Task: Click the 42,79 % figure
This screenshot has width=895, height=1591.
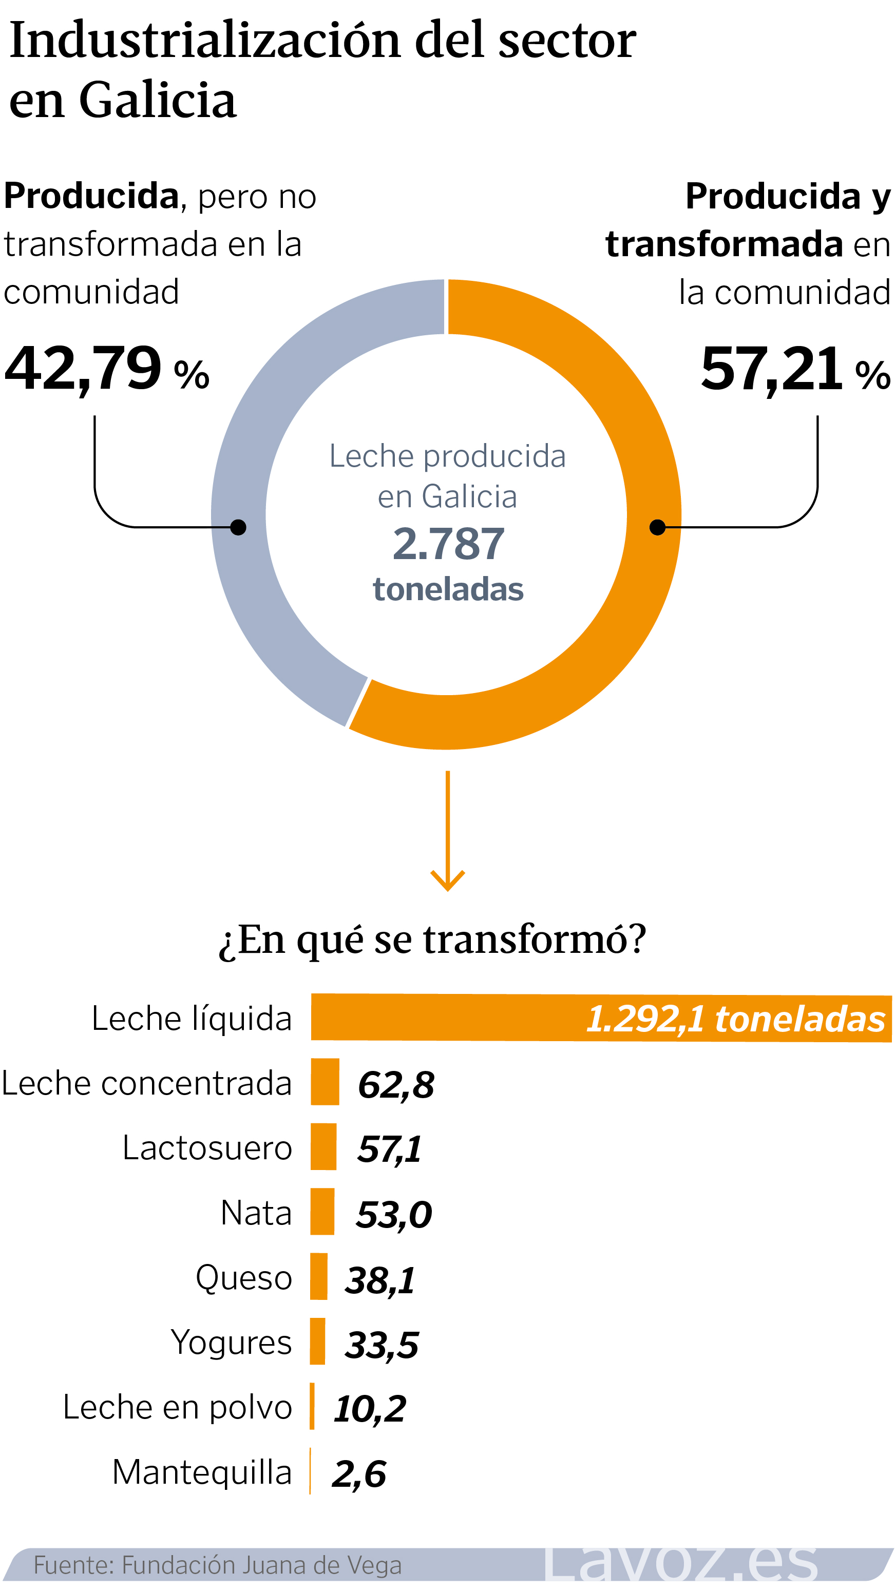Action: pos(106,369)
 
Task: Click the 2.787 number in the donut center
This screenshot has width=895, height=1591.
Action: pos(448,544)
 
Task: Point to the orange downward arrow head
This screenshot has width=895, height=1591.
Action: pos(447,883)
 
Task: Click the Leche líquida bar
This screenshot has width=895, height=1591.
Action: pos(600,1017)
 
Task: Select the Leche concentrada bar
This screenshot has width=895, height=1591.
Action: pos(325,1082)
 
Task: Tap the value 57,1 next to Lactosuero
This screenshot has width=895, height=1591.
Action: pos(389,1149)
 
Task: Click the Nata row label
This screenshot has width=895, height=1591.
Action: pos(256,1213)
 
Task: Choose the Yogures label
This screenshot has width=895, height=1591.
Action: pos(231,1342)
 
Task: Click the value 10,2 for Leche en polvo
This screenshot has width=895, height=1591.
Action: pos(369,1409)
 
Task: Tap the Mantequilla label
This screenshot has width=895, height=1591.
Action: pos(201,1472)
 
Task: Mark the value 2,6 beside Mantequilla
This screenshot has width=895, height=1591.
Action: pos(359,1474)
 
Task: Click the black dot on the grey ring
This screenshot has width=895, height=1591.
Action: pos(238,527)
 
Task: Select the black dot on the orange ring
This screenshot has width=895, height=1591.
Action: pos(657,527)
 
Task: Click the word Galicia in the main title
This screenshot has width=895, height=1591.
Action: pos(158,100)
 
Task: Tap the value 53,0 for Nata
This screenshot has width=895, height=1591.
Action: pos(393,1215)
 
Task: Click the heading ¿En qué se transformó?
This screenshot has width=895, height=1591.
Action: pos(432,940)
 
